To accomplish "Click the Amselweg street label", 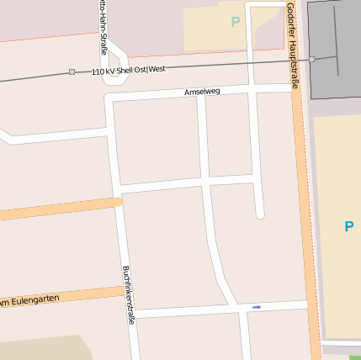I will [x=202, y=90].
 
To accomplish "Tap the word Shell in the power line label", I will [x=125, y=70].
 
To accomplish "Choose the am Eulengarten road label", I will [x=30, y=299].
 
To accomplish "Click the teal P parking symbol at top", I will [x=236, y=22].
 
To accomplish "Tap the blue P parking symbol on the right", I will [x=348, y=225].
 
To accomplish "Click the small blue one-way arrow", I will [x=257, y=307].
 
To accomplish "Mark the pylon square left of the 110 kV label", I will [x=72, y=72].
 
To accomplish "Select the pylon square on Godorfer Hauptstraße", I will [x=311, y=59].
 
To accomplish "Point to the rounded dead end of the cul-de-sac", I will [x=260, y=214].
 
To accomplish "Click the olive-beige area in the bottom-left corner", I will [x=42, y=349].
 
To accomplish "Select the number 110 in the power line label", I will [x=98, y=71].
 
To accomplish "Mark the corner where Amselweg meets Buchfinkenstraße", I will [x=110, y=100].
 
